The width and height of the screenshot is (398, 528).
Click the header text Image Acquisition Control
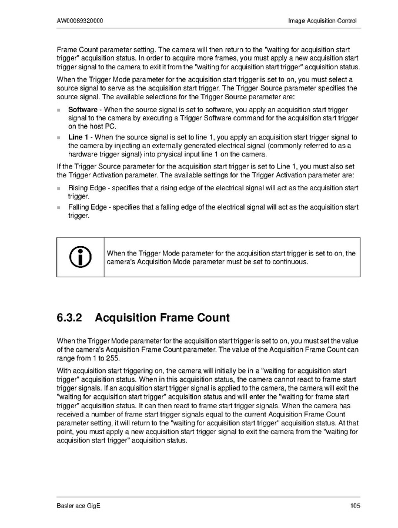[322, 21]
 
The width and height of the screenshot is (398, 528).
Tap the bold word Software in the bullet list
[83, 110]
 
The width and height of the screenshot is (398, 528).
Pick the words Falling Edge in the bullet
[88, 207]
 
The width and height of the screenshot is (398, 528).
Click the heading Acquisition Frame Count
[162, 318]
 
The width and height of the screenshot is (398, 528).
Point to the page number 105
[354, 506]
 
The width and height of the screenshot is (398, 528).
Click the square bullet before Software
[59, 110]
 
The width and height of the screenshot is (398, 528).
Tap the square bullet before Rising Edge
[59, 189]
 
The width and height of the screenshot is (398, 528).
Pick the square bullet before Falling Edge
[59, 207]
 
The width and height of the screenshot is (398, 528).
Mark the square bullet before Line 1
[59, 137]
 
